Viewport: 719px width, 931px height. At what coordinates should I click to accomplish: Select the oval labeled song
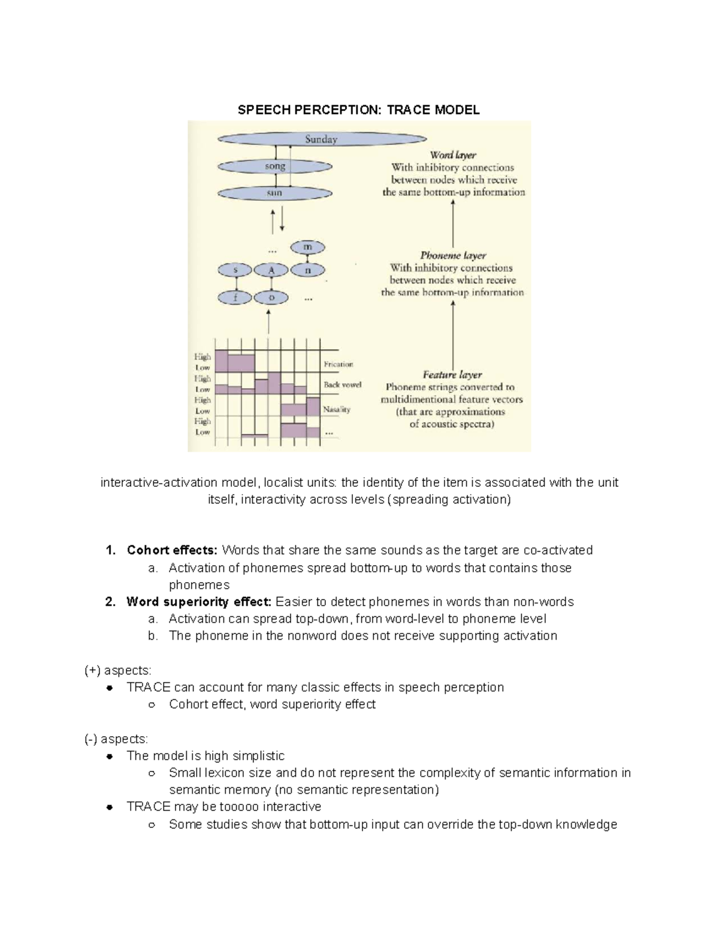[x=275, y=167]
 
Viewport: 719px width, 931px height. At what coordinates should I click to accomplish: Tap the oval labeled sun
[x=275, y=193]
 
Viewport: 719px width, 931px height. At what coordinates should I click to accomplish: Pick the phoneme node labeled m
[x=307, y=247]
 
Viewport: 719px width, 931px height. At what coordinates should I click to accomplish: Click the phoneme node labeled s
[x=236, y=270]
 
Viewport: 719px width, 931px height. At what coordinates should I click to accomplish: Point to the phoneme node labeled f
[x=236, y=297]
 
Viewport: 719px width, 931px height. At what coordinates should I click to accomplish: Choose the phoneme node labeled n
[x=307, y=270]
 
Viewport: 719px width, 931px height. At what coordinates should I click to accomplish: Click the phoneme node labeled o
[x=271, y=297]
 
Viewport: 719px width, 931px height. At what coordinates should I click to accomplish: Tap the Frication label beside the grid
[x=339, y=364]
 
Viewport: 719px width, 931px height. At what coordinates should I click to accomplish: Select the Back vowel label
[x=342, y=385]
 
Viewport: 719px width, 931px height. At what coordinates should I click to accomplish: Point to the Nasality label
[x=337, y=409]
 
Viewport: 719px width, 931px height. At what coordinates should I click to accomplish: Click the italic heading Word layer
[x=453, y=155]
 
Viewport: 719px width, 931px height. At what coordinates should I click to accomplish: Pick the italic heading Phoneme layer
[x=453, y=255]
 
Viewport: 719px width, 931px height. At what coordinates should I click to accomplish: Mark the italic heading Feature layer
[x=452, y=375]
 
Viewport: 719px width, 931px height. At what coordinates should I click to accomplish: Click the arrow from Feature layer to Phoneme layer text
[x=453, y=333]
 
